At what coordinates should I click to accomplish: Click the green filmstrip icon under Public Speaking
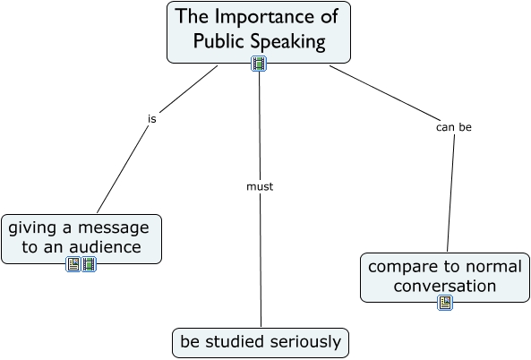[259, 64]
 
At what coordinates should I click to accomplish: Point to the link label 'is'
[152, 118]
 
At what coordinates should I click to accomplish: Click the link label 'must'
[260, 187]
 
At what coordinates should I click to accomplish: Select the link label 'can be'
[453, 127]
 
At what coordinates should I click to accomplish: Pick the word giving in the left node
[32, 227]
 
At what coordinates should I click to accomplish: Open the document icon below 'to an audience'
[73, 264]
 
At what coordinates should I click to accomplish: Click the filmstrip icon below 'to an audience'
[89, 264]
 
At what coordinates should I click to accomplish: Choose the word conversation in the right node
[445, 287]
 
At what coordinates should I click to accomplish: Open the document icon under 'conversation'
[445, 303]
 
